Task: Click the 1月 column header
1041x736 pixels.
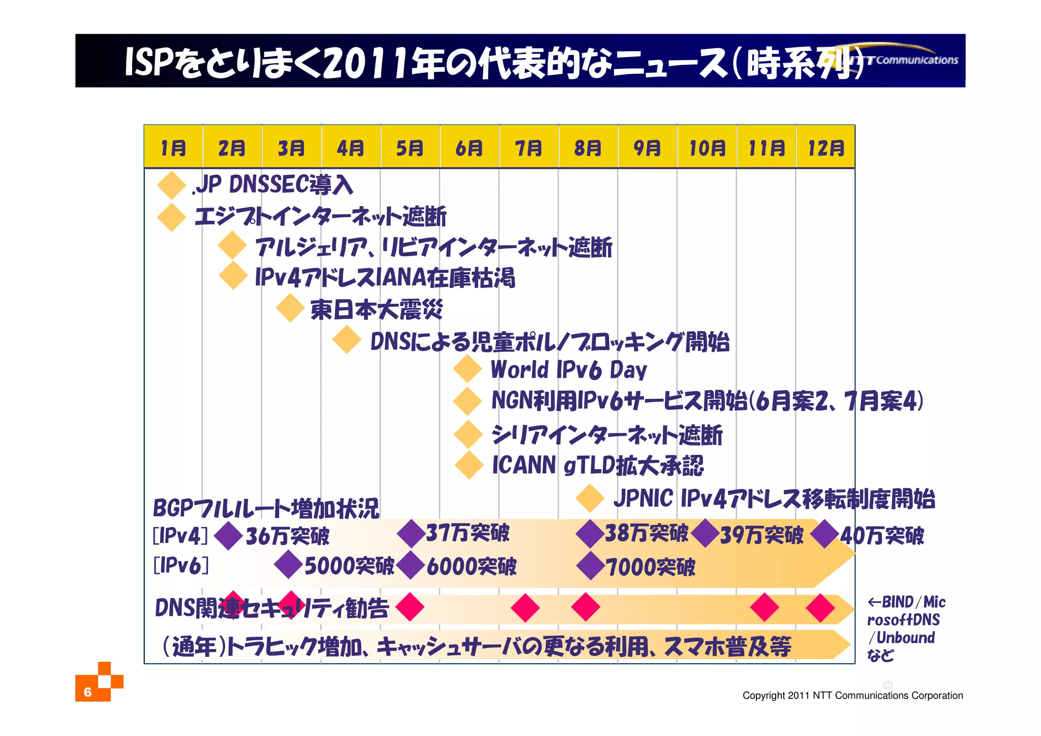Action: pyautogui.click(x=173, y=148)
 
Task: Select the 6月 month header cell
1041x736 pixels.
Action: pyautogui.click(x=469, y=148)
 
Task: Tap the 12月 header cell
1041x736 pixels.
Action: pyautogui.click(x=825, y=148)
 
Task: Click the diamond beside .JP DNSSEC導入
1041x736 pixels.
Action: pyautogui.click(x=171, y=185)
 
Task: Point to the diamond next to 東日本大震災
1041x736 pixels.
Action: pyautogui.click(x=290, y=308)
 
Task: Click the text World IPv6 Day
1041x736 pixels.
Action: pyautogui.click(x=568, y=370)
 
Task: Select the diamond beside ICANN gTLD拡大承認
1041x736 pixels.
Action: pyautogui.click(x=469, y=465)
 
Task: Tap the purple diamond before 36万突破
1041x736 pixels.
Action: pyautogui.click(x=228, y=536)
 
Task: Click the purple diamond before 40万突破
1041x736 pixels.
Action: pyautogui.click(x=824, y=534)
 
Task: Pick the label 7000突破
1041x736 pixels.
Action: pyautogui.click(x=650, y=567)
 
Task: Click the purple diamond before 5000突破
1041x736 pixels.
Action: pyautogui.click(x=288, y=565)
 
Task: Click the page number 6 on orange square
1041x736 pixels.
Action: pyautogui.click(x=88, y=692)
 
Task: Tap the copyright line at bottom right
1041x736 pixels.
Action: pyautogui.click(x=852, y=695)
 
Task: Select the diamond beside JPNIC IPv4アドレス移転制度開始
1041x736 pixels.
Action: pyautogui.click(x=590, y=498)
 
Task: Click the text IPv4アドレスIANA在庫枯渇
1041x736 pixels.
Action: pyautogui.click(x=385, y=278)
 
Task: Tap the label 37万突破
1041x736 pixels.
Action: pyautogui.click(x=467, y=533)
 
